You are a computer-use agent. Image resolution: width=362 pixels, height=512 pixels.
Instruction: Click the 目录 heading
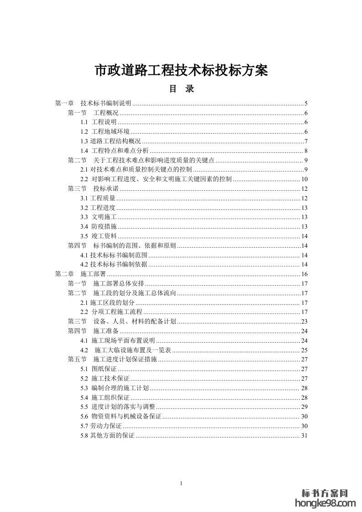[x=182, y=89]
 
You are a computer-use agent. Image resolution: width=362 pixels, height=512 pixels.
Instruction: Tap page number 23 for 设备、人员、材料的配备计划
[x=305, y=321]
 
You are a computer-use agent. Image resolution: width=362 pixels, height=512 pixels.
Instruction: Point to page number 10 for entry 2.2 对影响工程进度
[x=305, y=179]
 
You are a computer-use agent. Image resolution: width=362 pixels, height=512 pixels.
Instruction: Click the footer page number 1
[x=181, y=483]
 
